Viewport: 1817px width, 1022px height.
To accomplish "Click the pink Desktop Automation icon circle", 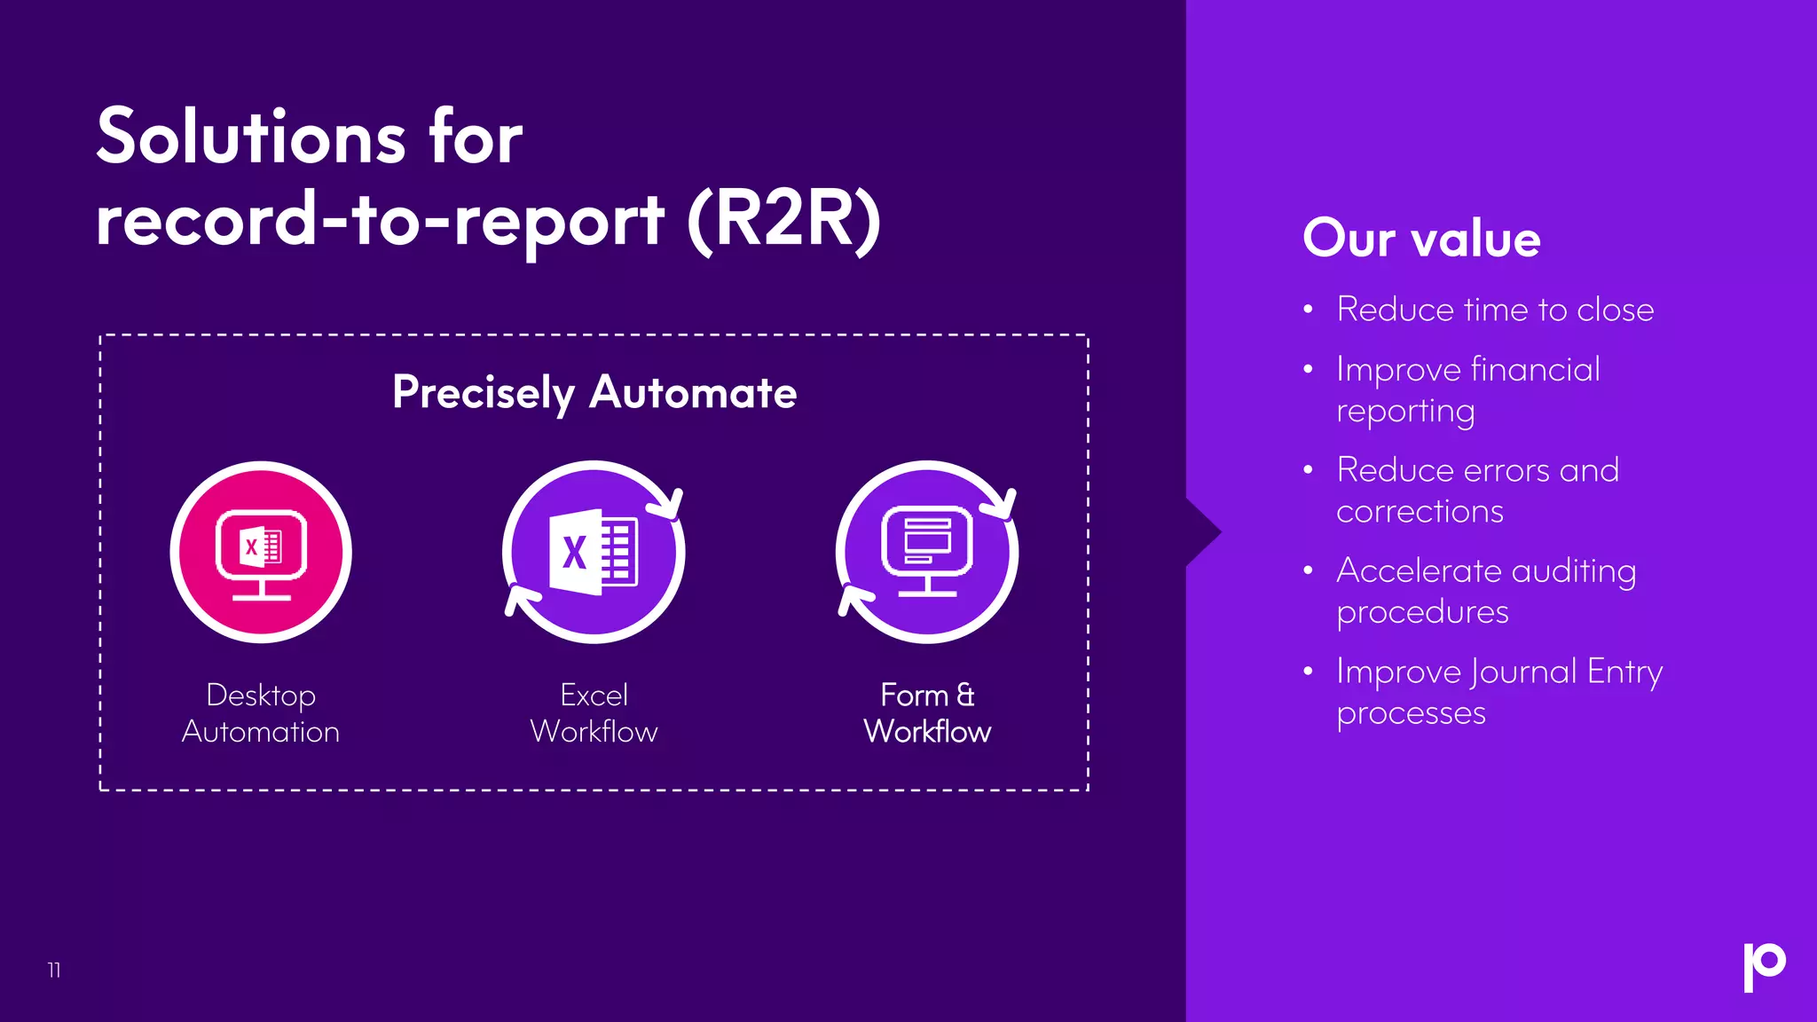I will [x=261, y=552].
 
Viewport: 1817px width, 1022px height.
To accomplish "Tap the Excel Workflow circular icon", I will [x=594, y=552].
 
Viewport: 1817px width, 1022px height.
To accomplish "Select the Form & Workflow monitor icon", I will [x=927, y=552].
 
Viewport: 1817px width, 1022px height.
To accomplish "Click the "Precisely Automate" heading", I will [x=594, y=392].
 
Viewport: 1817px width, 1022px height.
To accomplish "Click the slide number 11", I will [x=54, y=970].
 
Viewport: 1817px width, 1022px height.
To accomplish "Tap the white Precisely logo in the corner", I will [x=1764, y=966].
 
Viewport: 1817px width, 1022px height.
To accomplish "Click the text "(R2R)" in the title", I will [x=784, y=220].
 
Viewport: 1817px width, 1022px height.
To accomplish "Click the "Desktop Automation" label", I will [x=261, y=712].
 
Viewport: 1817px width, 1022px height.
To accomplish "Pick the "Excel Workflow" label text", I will [x=594, y=712].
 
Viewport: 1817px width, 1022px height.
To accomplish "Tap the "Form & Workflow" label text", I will [x=927, y=712].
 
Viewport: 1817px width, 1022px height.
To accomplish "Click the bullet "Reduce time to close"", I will [x=1495, y=310].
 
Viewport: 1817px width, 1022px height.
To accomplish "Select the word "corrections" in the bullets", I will [x=1420, y=511].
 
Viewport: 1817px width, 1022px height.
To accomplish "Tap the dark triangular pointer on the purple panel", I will [x=1202, y=532].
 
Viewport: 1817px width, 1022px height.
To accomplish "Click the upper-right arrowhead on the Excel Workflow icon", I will [x=670, y=505].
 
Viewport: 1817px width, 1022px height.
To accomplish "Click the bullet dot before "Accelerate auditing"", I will [x=1308, y=570].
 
